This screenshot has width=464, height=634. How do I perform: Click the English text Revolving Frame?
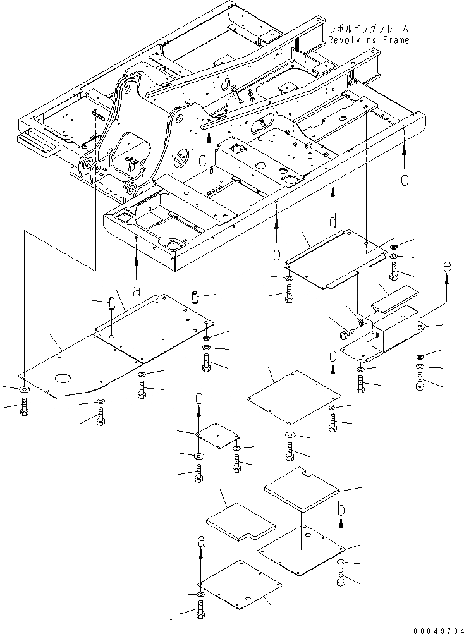point(368,40)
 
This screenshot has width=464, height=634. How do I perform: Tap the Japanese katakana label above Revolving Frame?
point(368,29)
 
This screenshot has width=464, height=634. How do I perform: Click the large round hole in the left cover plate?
point(64,379)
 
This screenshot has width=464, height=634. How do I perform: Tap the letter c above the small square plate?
point(199,398)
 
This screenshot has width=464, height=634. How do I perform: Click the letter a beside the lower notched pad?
point(201,542)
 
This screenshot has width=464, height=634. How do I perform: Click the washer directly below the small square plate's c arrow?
point(198,456)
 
